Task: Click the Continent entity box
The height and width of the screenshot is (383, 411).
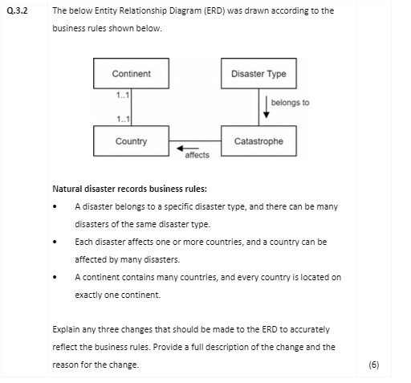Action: point(131,74)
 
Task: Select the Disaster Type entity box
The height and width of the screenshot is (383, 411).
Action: point(258,74)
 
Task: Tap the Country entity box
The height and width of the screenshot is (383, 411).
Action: point(131,141)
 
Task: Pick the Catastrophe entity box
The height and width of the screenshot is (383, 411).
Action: point(258,141)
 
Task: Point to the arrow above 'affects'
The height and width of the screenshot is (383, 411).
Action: point(188,149)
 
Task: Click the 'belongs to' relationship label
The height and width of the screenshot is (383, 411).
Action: point(290,103)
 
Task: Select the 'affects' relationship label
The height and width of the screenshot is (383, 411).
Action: point(197,156)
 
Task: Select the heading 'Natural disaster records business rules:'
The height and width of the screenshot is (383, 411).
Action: point(129,189)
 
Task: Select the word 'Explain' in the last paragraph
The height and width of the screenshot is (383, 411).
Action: point(66,329)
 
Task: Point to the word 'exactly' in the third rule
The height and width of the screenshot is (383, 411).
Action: point(89,295)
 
